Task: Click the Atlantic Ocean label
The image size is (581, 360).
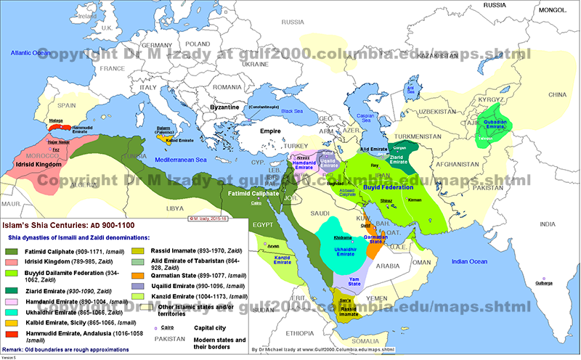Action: (x=26, y=53)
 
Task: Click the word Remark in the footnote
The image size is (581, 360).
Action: (x=16, y=352)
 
